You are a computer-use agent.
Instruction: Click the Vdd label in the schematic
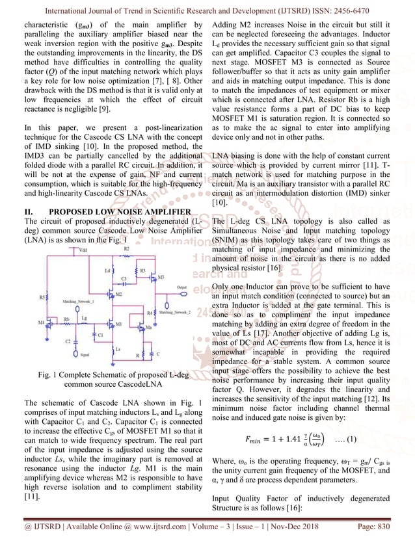64,249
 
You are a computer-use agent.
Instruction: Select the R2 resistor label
127,249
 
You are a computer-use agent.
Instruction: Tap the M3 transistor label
160,277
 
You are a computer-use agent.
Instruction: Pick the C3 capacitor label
123,278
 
